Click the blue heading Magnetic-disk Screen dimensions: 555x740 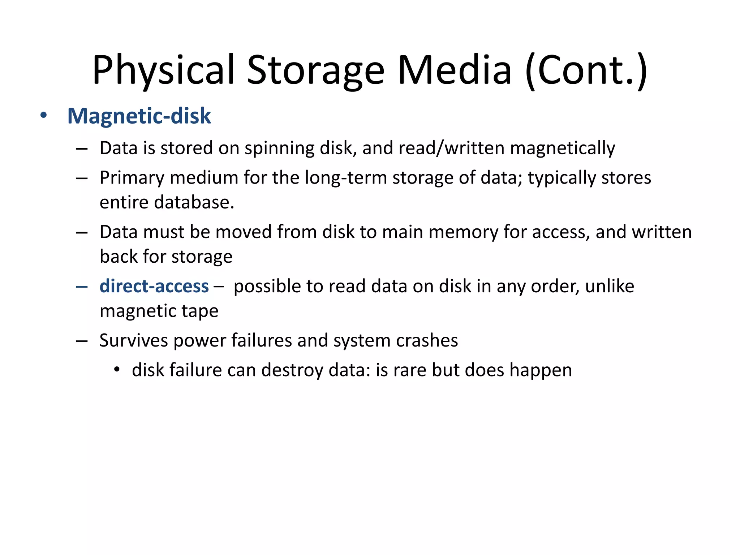tap(139, 116)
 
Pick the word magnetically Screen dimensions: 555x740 tap(563, 149)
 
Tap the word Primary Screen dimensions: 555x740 tap(132, 178)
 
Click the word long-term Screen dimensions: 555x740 tap(346, 178)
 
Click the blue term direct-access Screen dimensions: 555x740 tap(154, 286)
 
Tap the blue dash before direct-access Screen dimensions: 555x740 tap(82, 287)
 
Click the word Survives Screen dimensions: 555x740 tap(134, 340)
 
